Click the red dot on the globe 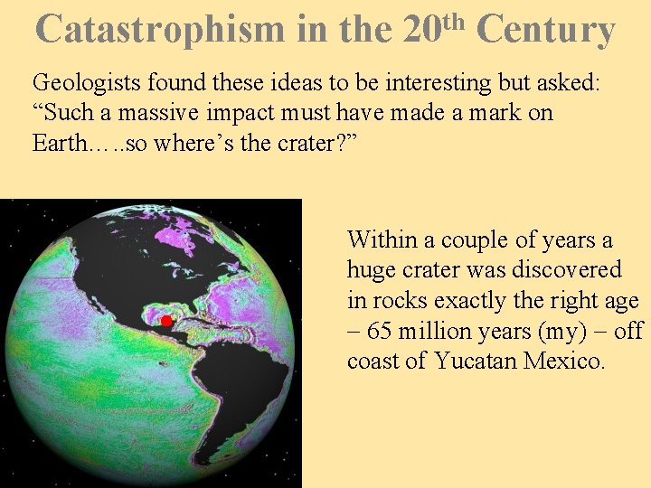pyautogui.click(x=166, y=321)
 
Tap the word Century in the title pyautogui.click(x=544, y=30)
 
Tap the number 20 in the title pyautogui.click(x=422, y=30)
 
